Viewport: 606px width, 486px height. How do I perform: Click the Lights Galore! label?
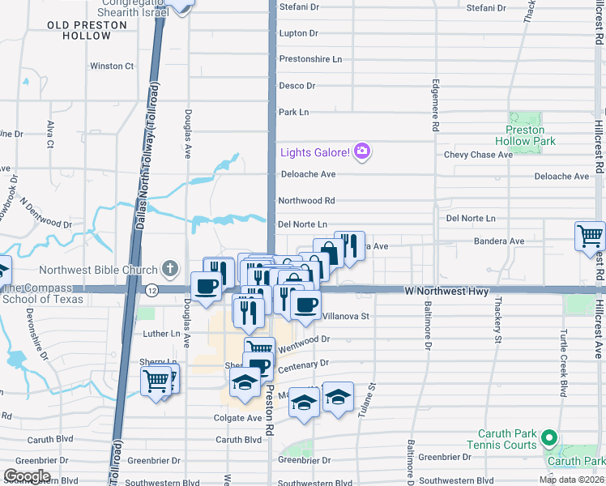coord(315,151)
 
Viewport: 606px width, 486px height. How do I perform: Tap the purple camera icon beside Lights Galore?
coord(362,151)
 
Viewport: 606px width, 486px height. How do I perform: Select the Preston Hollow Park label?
coord(531,135)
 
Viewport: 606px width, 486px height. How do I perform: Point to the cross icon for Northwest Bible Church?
coord(169,267)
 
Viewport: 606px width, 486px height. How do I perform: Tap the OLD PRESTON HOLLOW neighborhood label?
coord(87,31)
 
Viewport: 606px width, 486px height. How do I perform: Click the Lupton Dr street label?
coord(298,33)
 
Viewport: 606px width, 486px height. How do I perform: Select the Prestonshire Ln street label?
coord(310,59)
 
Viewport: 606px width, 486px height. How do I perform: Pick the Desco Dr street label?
coord(297,86)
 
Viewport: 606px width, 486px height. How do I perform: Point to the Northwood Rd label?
coord(306,200)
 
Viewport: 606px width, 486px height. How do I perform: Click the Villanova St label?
coord(346,317)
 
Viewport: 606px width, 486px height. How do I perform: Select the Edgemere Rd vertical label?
coord(435,105)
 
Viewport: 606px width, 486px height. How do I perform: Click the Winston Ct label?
coord(111,66)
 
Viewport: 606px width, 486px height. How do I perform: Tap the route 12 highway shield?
coord(151,289)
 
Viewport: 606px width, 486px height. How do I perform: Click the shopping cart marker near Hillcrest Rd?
coord(590,236)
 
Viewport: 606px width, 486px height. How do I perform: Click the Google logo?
coord(27,475)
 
